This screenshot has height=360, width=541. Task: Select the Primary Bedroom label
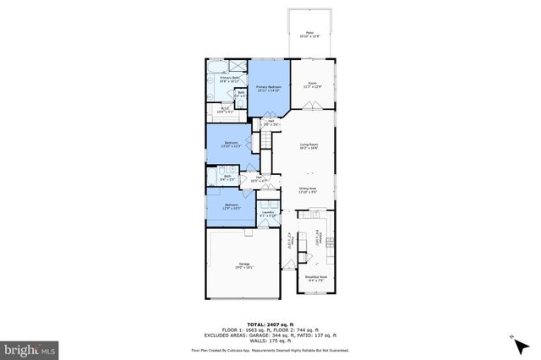coord(269,87)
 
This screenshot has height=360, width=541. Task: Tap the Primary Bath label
coord(230,79)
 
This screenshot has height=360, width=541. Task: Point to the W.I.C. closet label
coord(226,109)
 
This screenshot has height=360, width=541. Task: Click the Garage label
coord(243,266)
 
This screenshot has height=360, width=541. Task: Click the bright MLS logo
coord(30,347)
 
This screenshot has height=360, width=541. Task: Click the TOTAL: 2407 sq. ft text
coord(270,324)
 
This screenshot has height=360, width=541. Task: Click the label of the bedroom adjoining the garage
coord(231,206)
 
